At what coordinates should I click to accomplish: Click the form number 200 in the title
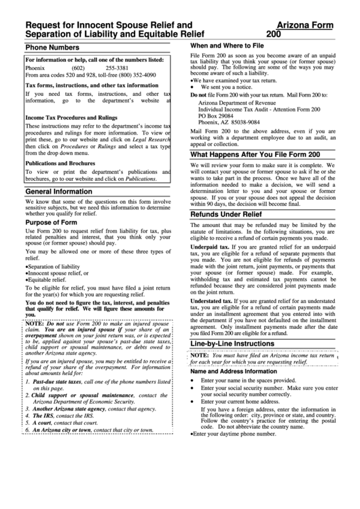(x=276, y=33)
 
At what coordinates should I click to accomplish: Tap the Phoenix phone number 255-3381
(x=118, y=69)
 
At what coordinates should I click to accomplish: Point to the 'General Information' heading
(x=59, y=192)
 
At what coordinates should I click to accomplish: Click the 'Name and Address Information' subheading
(x=233, y=371)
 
